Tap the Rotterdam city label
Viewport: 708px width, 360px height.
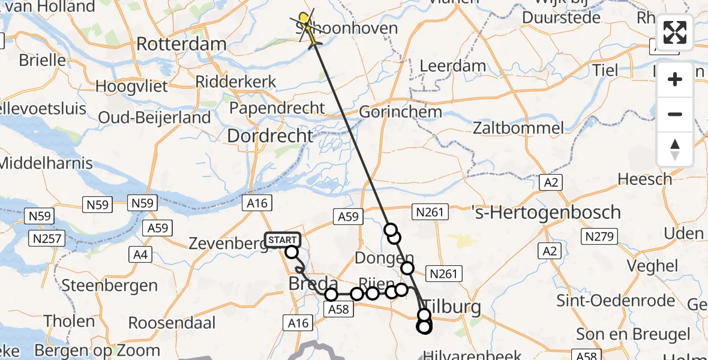[x=181, y=44]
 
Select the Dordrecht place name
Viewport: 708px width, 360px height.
[x=270, y=136]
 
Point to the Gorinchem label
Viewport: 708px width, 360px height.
[x=400, y=112]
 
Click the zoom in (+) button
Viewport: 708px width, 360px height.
[x=675, y=79]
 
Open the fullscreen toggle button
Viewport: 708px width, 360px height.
[x=675, y=32]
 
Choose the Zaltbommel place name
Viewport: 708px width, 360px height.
[x=518, y=128]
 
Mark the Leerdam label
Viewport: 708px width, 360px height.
[x=453, y=65]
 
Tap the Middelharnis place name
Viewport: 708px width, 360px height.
[x=47, y=163]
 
